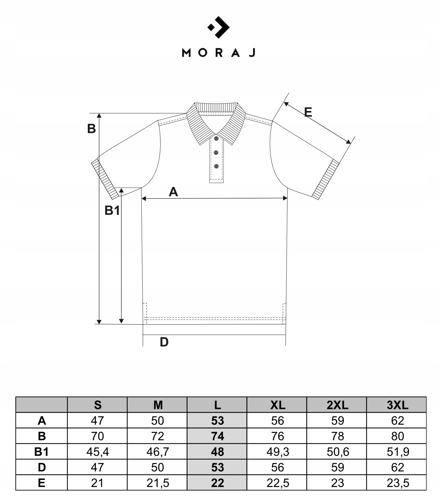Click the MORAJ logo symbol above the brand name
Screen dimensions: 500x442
(219, 27)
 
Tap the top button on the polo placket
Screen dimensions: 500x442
(216, 138)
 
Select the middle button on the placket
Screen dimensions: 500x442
(216, 152)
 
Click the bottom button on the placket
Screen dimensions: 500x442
(216, 166)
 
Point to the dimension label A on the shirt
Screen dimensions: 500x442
(173, 192)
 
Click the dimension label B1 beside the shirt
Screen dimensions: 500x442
(112, 211)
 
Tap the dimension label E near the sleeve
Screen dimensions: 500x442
(308, 113)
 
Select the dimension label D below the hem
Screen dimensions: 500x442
(164, 342)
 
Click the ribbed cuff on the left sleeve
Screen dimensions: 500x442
(105, 180)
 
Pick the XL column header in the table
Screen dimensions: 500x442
(277, 405)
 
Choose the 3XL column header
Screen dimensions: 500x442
(397, 405)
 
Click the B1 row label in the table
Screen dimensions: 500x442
(41, 452)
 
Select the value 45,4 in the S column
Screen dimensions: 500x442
(97, 452)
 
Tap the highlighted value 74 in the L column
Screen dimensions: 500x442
(217, 436)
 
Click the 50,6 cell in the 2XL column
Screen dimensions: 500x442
(337, 452)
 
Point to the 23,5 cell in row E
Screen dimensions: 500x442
(397, 483)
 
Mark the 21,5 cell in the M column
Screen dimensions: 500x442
(158, 483)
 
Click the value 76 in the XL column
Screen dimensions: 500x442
(277, 436)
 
